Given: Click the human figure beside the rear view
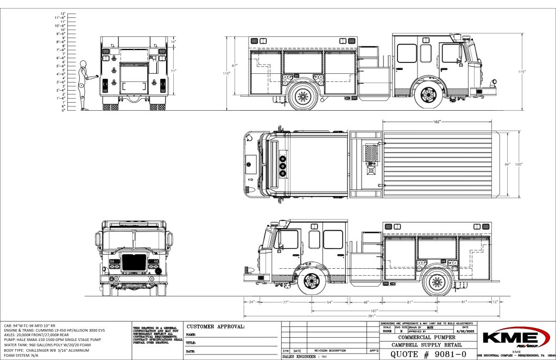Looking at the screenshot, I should point(83,84).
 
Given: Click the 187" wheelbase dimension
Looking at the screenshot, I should point(374,311).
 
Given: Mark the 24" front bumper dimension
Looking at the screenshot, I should point(251,301).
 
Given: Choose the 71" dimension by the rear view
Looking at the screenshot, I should point(173,71).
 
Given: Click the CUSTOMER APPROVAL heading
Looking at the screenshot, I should point(216,327).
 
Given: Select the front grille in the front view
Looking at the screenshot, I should point(134,262).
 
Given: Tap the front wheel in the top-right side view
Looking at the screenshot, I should point(428,94).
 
